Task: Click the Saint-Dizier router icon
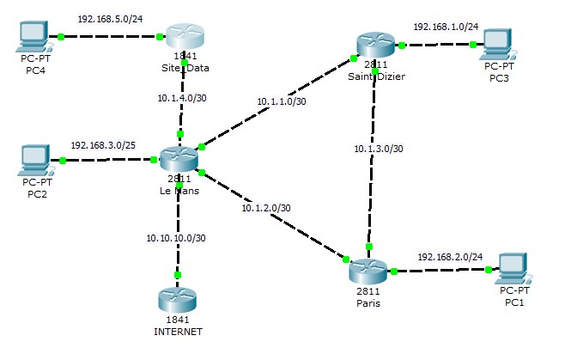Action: tap(375, 44)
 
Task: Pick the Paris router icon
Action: tap(370, 270)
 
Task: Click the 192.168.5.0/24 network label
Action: tap(110, 18)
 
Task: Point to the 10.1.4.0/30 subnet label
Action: tap(182, 98)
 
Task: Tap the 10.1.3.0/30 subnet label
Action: tap(379, 148)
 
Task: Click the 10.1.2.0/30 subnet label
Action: tap(265, 207)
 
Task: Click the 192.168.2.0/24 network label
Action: tap(450, 256)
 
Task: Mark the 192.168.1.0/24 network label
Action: tap(446, 27)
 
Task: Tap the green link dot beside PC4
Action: tap(61, 36)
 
